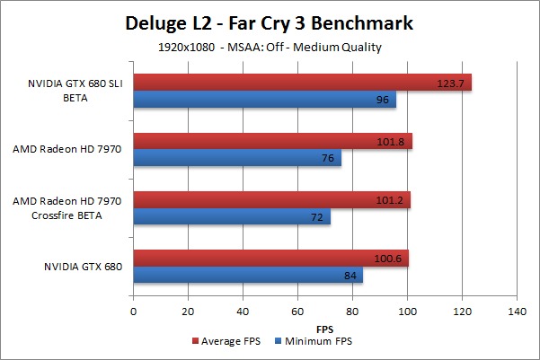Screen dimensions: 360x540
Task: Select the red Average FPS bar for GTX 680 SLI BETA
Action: [x=302, y=83]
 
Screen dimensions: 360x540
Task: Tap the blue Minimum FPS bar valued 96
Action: [x=264, y=101]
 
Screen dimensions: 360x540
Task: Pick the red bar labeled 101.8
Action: [x=272, y=141]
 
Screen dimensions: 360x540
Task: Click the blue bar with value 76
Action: [x=237, y=159]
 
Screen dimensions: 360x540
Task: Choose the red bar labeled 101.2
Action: [x=271, y=199]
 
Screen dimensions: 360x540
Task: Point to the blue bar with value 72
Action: [x=232, y=217]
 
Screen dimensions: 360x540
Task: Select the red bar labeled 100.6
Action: [x=270, y=259]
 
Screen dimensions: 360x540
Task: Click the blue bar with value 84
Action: [x=248, y=276]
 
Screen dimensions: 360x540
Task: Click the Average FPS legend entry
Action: [x=226, y=341]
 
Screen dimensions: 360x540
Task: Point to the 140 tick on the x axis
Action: [x=517, y=312]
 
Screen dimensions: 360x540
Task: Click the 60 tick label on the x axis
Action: [x=297, y=312]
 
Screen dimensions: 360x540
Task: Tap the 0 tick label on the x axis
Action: [x=134, y=312]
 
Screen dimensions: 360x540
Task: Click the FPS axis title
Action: [x=325, y=328]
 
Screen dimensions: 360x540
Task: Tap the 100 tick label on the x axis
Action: [x=407, y=312]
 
